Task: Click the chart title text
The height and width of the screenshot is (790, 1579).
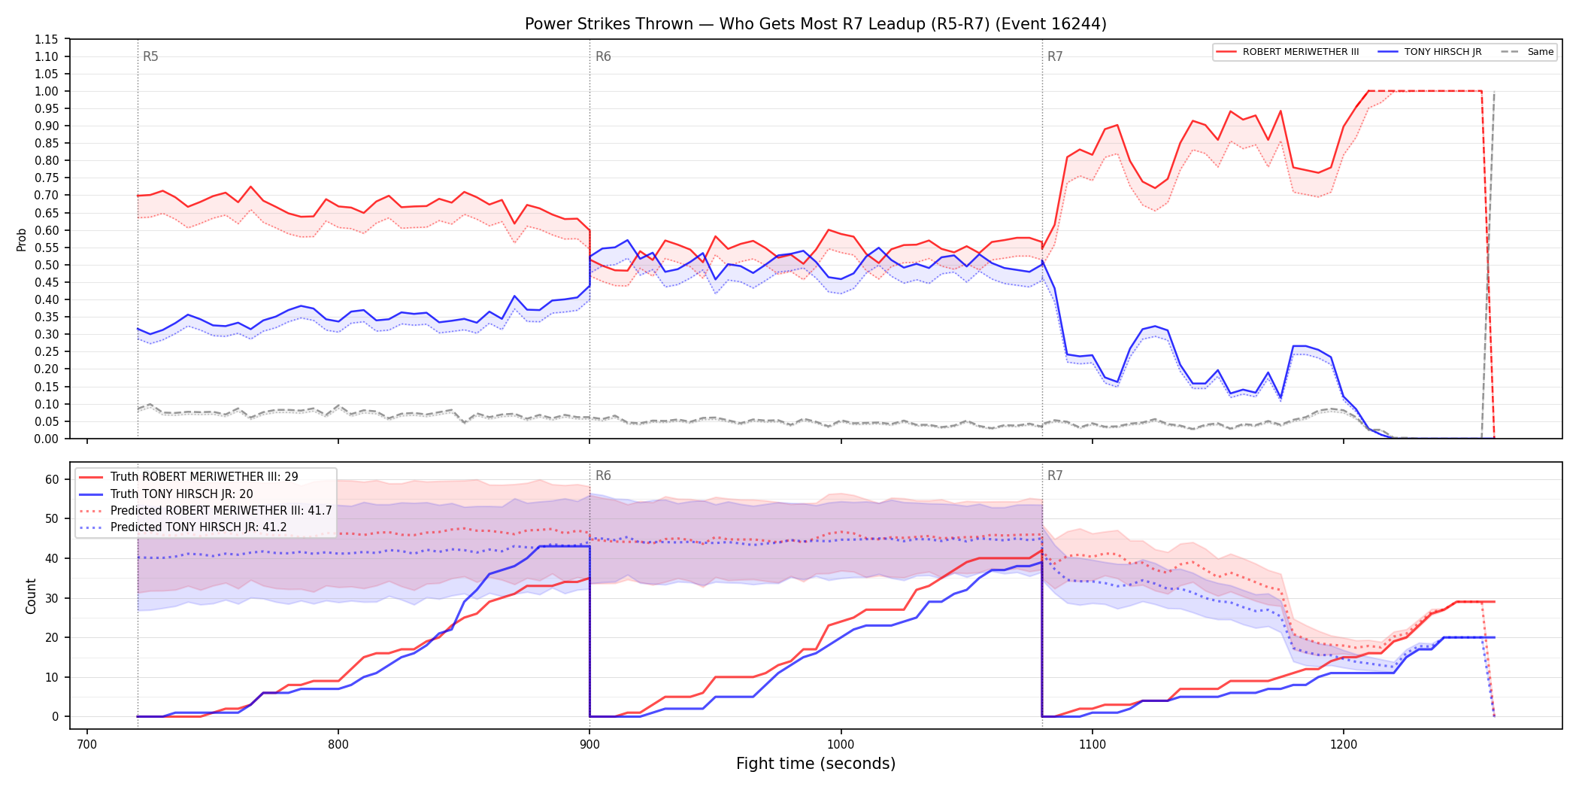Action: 815,24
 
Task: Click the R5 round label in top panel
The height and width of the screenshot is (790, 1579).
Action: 150,56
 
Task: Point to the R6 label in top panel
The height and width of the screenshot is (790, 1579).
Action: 603,56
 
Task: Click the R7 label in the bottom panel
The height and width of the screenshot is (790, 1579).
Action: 1055,476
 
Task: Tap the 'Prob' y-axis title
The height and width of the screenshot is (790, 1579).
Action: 22,239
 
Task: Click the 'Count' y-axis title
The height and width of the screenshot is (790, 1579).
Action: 31,596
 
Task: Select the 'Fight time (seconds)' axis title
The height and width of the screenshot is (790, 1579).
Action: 816,764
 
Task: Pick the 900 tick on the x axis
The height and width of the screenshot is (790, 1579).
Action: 589,744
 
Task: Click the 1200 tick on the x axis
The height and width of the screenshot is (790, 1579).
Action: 1343,744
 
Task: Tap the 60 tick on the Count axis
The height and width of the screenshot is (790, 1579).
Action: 52,479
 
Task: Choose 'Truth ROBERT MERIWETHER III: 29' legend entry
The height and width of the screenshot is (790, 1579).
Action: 205,477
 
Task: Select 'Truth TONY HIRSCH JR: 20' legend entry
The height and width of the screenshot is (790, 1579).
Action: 182,494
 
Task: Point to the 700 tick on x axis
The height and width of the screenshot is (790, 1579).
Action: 87,744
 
